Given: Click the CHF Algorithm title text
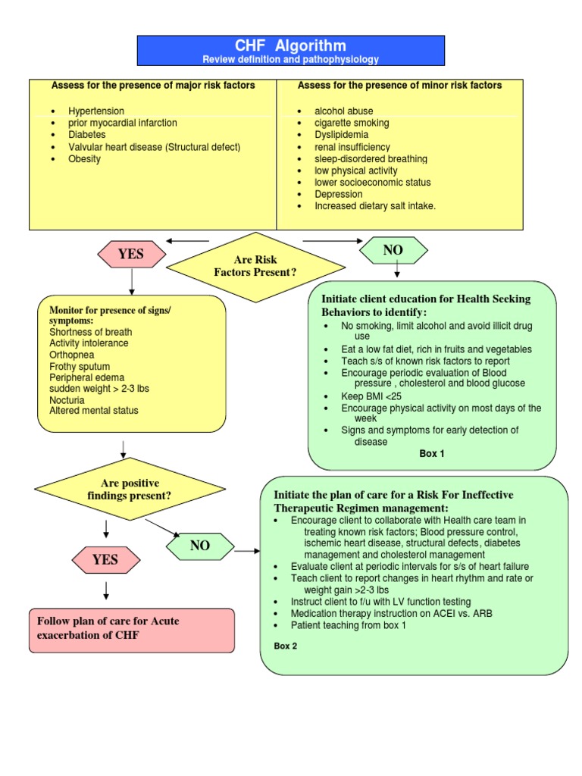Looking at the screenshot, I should [290, 45].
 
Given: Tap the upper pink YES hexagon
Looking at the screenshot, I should [131, 254].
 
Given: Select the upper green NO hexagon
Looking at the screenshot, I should [393, 250].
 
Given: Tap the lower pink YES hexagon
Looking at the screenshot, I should [105, 560].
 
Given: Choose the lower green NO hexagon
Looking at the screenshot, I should [200, 546].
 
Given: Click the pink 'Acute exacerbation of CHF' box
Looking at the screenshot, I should [132, 629].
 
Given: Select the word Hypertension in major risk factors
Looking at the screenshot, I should [96, 111].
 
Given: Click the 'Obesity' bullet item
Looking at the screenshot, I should [84, 159].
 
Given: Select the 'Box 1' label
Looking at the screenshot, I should [432, 454].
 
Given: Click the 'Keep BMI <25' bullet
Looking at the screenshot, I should [371, 396].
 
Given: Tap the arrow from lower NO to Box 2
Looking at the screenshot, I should [246, 551].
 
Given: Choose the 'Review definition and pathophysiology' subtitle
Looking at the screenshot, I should [290, 59].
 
